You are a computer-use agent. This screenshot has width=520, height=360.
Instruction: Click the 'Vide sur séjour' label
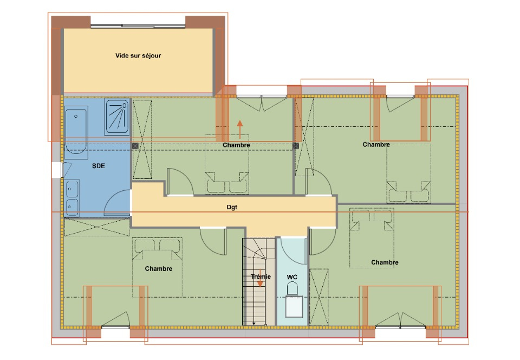(x=138, y=56)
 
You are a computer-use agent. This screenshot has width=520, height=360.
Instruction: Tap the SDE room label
(x=99, y=166)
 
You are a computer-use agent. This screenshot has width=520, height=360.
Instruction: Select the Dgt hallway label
(x=232, y=207)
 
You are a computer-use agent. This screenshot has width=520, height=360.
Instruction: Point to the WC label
(x=292, y=277)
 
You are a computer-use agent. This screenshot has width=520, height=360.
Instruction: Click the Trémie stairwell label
(x=261, y=277)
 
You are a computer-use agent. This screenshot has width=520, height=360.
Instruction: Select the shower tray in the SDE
(x=117, y=117)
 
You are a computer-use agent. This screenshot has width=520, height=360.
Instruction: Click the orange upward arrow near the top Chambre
(x=240, y=129)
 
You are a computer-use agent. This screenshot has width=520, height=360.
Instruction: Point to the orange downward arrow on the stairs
(x=261, y=278)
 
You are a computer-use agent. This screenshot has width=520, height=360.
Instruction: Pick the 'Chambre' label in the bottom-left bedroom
(x=159, y=269)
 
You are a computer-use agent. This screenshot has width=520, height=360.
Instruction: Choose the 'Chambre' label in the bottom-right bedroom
(x=385, y=262)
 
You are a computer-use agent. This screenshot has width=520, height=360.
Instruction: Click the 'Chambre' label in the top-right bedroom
(x=376, y=145)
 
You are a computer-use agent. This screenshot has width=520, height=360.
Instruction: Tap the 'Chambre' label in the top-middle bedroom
(x=236, y=145)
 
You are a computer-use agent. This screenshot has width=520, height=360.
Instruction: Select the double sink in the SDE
(x=72, y=198)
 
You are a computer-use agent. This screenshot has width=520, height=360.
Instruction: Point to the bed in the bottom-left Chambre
(x=157, y=267)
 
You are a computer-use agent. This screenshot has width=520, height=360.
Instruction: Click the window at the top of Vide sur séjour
(x=138, y=26)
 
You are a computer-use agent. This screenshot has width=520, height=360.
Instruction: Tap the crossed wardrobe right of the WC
(x=318, y=297)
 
